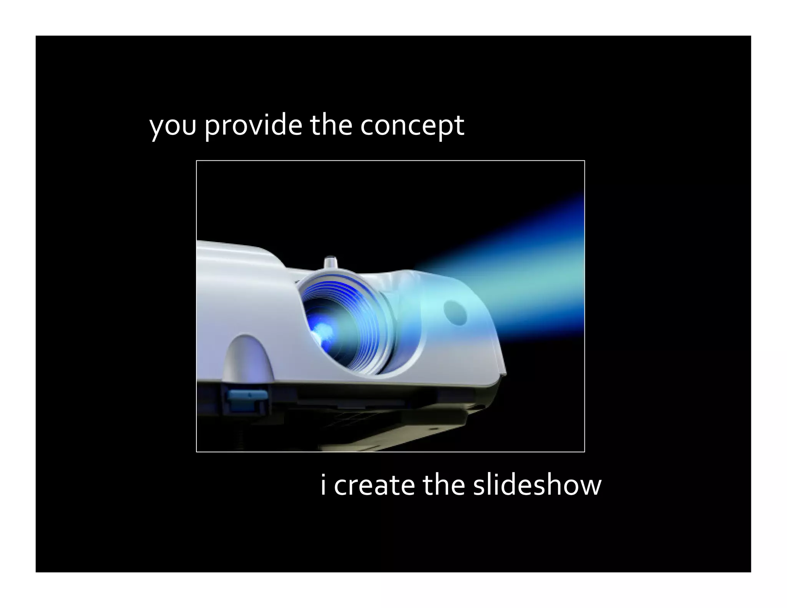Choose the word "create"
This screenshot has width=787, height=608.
pyautogui.click(x=374, y=485)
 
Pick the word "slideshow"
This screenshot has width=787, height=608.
pyautogui.click(x=537, y=485)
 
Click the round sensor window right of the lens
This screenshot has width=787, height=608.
pyautogui.click(x=455, y=311)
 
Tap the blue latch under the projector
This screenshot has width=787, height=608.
pyautogui.click(x=247, y=396)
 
